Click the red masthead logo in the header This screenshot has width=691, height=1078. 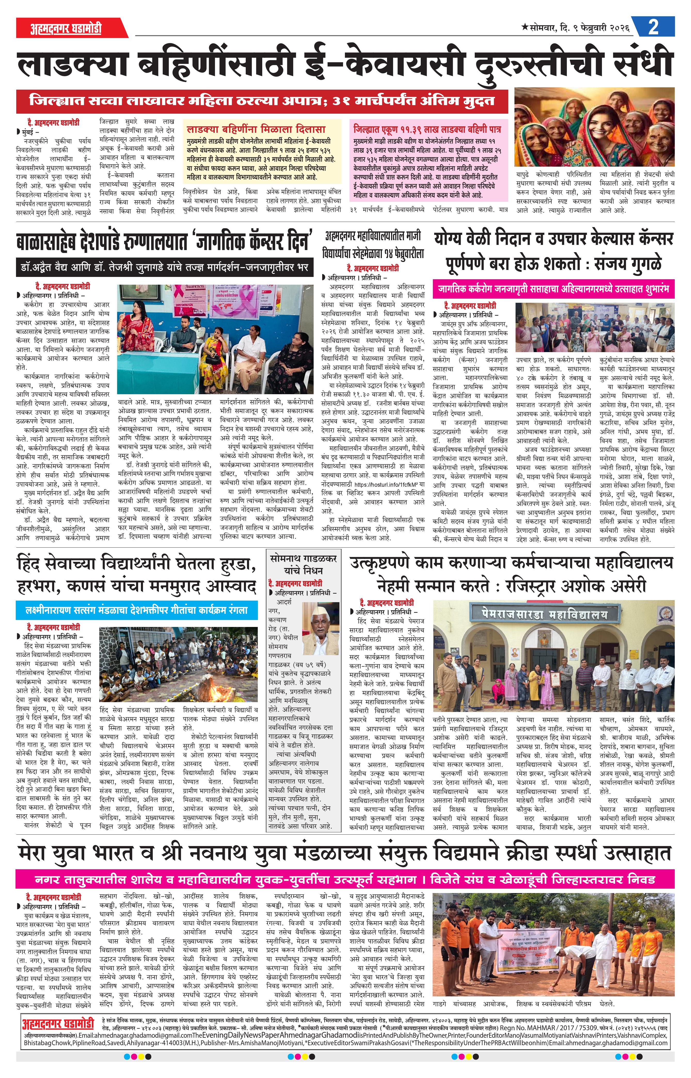click(66, 29)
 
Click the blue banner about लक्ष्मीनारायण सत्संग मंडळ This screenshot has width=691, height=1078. click(136, 610)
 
